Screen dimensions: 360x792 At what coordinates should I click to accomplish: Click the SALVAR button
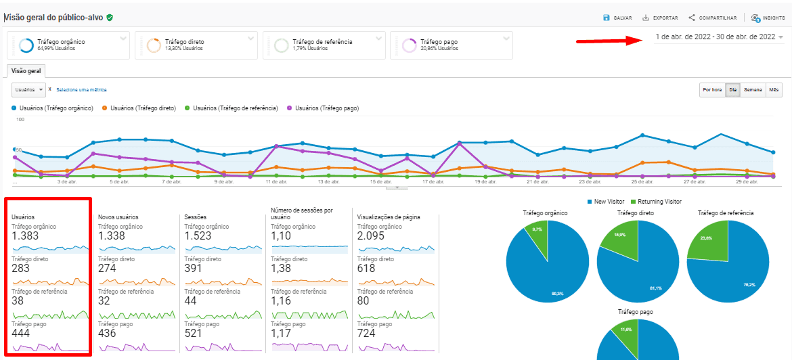point(618,18)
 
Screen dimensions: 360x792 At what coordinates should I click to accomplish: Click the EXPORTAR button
point(661,18)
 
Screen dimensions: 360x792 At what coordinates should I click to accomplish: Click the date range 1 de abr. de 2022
point(716,37)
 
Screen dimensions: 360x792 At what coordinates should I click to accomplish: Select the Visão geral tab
point(26,70)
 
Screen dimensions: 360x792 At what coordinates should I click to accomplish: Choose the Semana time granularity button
point(753,89)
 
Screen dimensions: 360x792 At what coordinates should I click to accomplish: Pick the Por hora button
point(712,89)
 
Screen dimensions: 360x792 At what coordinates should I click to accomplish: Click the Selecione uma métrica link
point(81,89)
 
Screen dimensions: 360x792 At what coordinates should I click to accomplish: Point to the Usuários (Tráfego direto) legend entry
point(139,108)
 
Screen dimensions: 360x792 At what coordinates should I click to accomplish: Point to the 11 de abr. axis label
point(277,181)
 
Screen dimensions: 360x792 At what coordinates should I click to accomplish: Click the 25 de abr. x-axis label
point(642,181)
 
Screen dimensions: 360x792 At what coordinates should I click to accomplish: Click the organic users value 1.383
point(26,236)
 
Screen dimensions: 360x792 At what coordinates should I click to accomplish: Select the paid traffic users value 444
point(21,334)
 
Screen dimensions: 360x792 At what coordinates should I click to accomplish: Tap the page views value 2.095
point(372,236)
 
